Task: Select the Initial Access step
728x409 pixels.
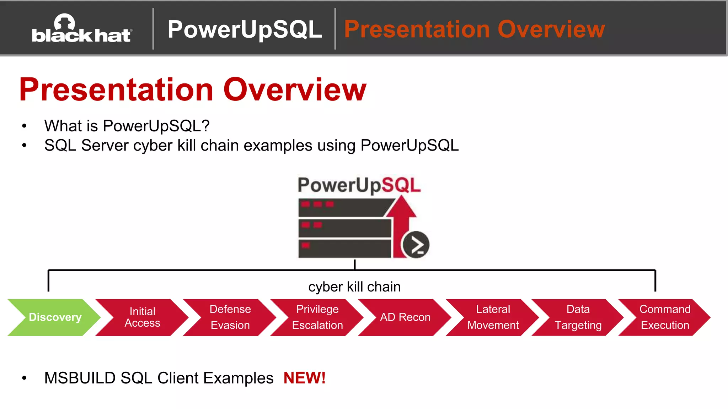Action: pyautogui.click(x=142, y=317)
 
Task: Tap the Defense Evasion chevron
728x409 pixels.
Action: pyautogui.click(x=230, y=317)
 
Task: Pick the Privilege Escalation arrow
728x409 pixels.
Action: pyautogui.click(x=317, y=317)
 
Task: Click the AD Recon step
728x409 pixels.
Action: pyautogui.click(x=405, y=317)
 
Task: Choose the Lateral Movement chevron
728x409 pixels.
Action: pyautogui.click(x=493, y=317)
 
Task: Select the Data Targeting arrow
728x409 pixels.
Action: pyautogui.click(x=578, y=317)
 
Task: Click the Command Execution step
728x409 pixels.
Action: pyautogui.click(x=665, y=317)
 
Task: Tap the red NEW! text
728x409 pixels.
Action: pyautogui.click(x=304, y=378)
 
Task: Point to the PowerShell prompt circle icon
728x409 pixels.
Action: pyautogui.click(x=415, y=245)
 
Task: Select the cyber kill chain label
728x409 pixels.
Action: pyautogui.click(x=354, y=287)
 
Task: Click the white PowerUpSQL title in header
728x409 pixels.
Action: pyautogui.click(x=245, y=29)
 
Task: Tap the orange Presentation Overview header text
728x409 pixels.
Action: pyautogui.click(x=474, y=29)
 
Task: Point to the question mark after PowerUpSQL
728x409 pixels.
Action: pyautogui.click(x=205, y=126)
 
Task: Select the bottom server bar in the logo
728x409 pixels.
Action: pyautogui.click(x=344, y=249)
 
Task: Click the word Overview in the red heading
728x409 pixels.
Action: pyautogui.click(x=295, y=89)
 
